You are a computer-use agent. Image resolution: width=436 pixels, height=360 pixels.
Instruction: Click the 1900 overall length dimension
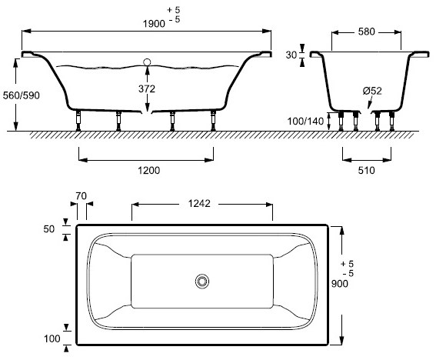[x=154, y=24]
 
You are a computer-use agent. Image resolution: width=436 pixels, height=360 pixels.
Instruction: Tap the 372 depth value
[x=147, y=88]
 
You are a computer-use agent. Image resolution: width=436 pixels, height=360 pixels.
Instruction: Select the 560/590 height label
[x=21, y=95]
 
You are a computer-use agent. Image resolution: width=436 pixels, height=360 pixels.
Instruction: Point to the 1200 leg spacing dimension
[x=149, y=170]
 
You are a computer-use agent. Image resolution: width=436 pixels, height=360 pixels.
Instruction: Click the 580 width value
[x=367, y=32]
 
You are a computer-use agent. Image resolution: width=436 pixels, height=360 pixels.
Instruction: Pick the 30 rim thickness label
[x=291, y=55]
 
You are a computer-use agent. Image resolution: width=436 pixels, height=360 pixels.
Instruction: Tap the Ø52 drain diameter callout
[x=372, y=91]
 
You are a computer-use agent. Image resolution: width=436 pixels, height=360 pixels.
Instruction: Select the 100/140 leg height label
[x=305, y=122]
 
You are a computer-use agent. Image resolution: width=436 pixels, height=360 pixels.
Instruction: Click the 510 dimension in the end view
[x=367, y=170]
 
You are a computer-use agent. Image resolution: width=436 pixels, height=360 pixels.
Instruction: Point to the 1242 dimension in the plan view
[x=199, y=204]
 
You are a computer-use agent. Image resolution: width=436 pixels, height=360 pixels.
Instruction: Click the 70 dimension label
[x=82, y=196]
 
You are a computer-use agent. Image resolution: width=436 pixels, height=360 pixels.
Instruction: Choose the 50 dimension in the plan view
[x=48, y=229]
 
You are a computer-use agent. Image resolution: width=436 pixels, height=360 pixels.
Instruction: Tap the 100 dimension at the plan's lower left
[x=52, y=339]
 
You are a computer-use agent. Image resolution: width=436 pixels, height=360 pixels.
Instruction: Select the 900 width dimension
[x=340, y=284]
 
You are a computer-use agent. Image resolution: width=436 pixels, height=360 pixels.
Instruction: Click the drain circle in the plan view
[x=202, y=281]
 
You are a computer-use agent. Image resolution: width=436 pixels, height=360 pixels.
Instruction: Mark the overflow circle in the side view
[x=147, y=62]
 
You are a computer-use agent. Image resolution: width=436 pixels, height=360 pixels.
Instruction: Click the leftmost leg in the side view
[x=78, y=121]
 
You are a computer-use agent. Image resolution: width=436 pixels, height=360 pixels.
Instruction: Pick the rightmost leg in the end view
[x=392, y=121]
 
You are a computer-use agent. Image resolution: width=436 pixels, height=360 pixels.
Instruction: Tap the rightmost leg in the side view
[x=213, y=121]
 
